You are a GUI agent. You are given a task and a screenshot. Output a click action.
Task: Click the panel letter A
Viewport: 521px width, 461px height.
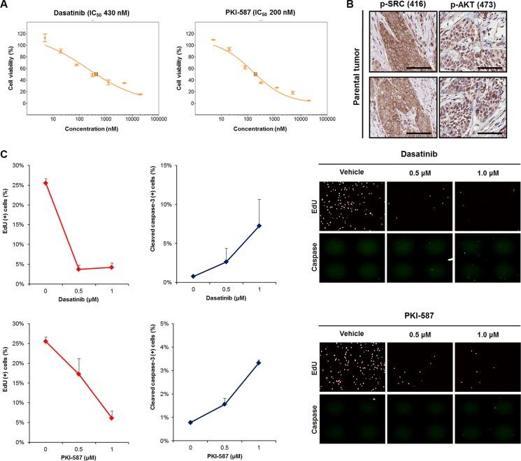[5, 6]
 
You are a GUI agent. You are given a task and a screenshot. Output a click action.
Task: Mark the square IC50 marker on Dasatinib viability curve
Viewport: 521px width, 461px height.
[96, 74]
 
